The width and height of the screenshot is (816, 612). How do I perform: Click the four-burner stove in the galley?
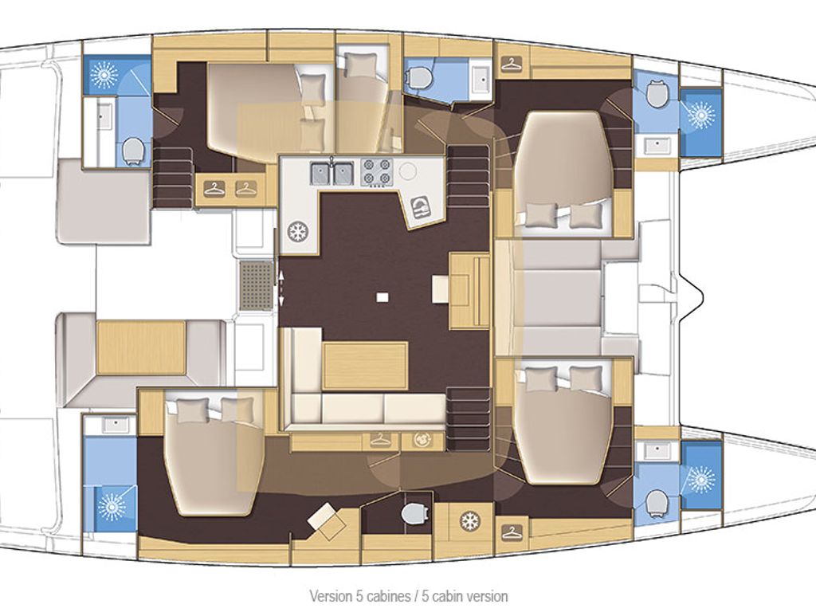[377, 172]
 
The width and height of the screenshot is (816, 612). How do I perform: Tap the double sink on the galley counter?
[332, 173]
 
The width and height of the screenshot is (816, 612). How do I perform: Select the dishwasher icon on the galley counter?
[420, 207]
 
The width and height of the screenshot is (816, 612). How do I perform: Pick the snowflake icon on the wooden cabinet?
[470, 520]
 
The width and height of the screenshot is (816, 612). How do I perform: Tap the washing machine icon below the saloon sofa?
[422, 440]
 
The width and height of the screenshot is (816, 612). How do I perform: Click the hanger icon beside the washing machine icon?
[379, 441]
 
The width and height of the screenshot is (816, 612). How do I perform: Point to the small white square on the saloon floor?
[383, 297]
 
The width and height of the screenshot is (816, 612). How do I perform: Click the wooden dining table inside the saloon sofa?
[365, 366]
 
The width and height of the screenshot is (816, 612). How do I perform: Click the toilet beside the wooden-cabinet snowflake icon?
[414, 513]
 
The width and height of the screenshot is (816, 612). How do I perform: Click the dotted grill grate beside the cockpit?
[256, 286]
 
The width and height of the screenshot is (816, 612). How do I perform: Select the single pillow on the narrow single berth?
[358, 66]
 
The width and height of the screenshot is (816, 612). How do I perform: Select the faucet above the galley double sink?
[332, 159]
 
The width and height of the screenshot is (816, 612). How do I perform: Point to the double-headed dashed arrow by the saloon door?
[281, 287]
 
